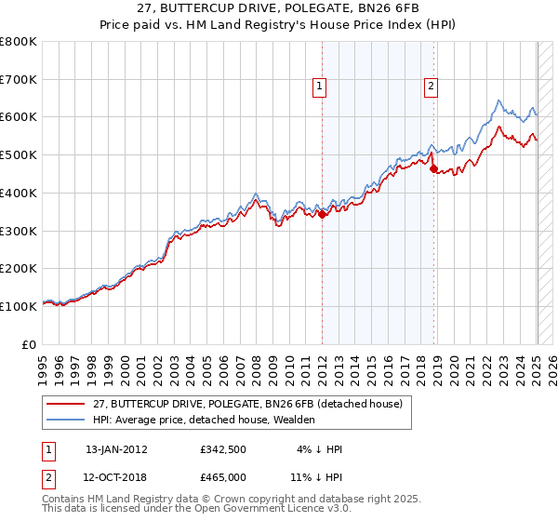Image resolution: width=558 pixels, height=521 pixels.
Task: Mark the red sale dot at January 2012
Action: [x=322, y=214]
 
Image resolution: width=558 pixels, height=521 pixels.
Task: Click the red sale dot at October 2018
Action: [x=433, y=168]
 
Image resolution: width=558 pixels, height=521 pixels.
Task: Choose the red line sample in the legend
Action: [x=65, y=404]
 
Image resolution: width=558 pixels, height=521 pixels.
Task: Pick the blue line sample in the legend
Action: [x=65, y=420]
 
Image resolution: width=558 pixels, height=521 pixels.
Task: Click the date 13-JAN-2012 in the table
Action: [x=116, y=449]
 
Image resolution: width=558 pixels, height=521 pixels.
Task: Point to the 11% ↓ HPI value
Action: [x=316, y=475]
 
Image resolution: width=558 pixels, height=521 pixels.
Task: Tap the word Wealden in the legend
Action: [x=296, y=420]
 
